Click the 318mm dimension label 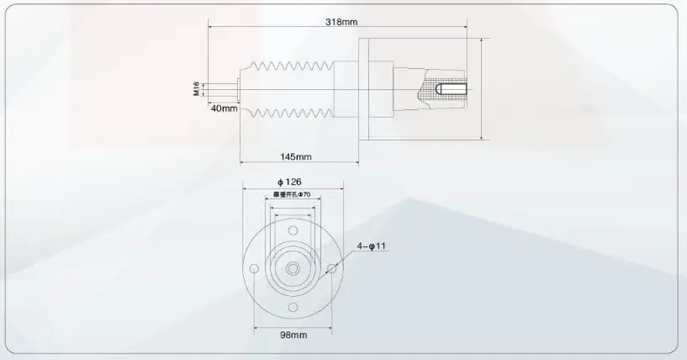(341, 23)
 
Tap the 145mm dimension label (296, 157)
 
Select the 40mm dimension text (224, 109)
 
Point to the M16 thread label (196, 88)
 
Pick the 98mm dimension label (292, 335)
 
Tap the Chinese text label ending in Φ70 (292, 194)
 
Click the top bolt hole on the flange (293, 230)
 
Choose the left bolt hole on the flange (253, 269)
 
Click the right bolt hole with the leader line (331, 269)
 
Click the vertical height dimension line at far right (481, 88)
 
